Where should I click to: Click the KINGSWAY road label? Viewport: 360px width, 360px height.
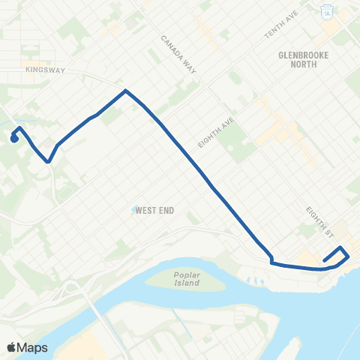pos(46,70)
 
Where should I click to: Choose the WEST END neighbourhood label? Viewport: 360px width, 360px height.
pos(156,211)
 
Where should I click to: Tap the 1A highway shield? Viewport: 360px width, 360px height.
pos(327,12)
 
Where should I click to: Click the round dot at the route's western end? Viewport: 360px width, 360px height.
pos(14,138)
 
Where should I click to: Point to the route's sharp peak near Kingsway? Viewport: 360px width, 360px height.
pos(125,91)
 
